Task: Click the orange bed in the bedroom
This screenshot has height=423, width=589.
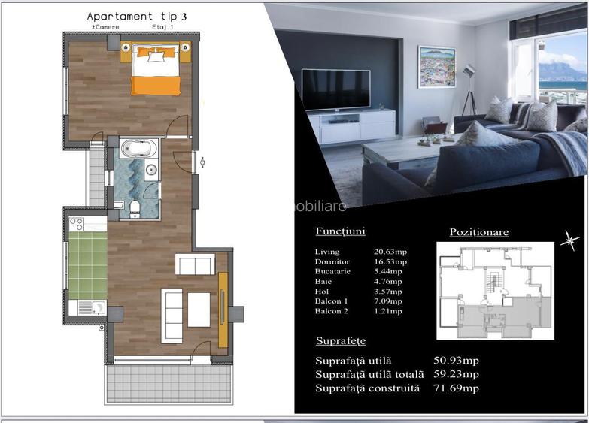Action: point(156,74)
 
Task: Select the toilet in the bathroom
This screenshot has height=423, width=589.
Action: point(135,206)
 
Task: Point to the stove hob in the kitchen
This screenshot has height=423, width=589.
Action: point(77,223)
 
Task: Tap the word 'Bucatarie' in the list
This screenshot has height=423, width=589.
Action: point(332,271)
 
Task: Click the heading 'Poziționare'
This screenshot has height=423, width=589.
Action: point(478,232)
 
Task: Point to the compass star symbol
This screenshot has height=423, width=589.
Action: point(570,240)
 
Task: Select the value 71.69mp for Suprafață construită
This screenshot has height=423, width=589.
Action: point(456,388)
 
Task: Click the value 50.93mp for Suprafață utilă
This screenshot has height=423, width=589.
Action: point(456,361)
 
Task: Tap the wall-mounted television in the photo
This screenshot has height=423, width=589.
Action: point(335,89)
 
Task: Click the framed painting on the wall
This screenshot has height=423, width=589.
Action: point(436,67)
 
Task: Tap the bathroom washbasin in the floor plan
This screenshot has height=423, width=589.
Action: point(151,170)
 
